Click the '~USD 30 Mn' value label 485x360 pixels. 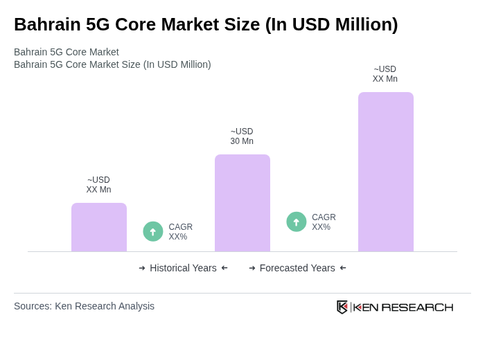242,136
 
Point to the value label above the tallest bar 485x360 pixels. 385,74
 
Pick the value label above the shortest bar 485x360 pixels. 98,185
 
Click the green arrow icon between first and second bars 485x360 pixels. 153,231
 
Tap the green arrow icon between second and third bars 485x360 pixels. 297,222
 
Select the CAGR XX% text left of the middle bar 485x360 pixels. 180,232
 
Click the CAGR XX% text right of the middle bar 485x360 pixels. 324,222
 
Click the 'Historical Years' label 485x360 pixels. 183,268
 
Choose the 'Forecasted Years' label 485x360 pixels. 297,268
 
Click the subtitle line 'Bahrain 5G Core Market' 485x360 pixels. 67,52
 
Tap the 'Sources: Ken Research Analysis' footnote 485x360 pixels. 84,306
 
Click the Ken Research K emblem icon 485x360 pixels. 342,307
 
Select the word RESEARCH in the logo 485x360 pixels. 417,307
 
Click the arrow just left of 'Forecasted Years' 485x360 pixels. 252,268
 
